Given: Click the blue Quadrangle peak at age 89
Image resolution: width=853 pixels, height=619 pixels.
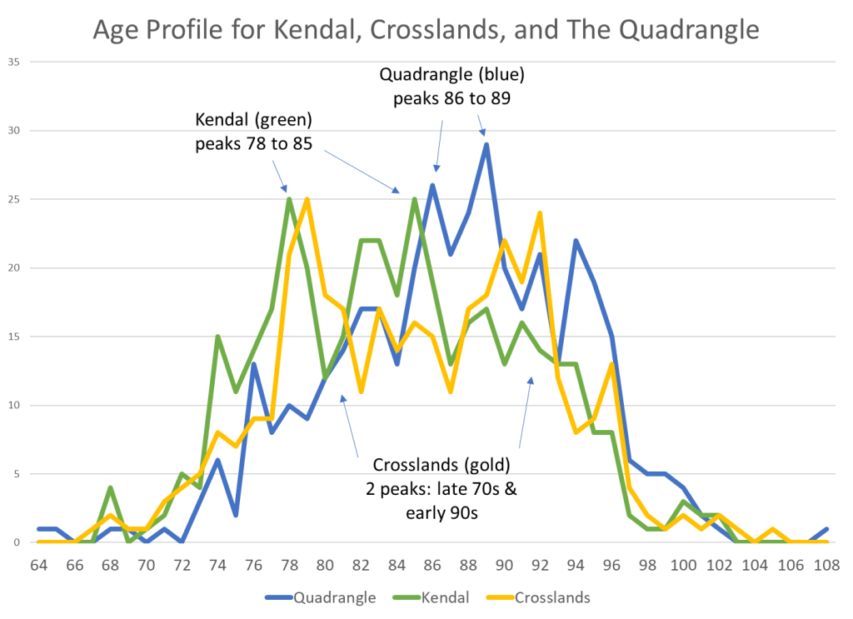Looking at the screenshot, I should pos(486,144).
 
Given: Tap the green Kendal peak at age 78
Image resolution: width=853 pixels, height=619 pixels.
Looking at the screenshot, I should pos(289,199).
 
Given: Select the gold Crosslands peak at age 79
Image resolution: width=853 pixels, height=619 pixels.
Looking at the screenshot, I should pos(307,199).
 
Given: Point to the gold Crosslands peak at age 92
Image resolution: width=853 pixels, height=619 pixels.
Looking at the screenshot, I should pos(540,212).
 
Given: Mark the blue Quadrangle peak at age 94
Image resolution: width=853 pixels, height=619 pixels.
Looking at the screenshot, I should pos(576,240).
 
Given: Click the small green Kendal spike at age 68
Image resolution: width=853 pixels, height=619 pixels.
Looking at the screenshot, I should pos(110,487).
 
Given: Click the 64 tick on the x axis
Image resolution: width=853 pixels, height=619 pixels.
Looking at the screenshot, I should pos(37,563).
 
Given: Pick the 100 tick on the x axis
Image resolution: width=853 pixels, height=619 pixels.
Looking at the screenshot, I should pos(683,563).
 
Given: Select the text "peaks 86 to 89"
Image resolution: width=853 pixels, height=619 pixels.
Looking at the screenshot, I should pos(451,97).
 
